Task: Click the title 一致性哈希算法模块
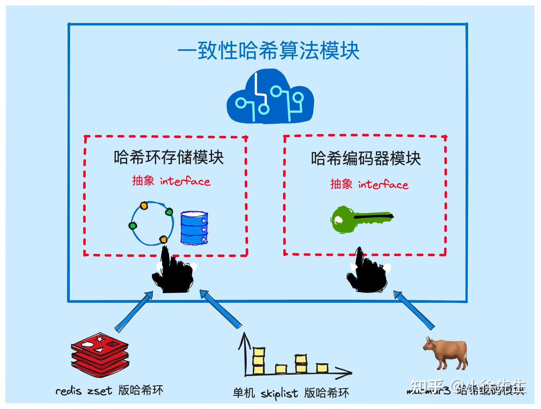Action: (269, 51)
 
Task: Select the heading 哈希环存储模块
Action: (169, 157)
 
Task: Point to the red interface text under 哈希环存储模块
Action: (171, 181)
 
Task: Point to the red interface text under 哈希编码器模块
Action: (369, 184)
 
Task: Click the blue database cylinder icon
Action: (194, 228)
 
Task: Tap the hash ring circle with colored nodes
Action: (152, 223)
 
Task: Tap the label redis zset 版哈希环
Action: (109, 391)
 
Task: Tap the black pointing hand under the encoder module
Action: (366, 271)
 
